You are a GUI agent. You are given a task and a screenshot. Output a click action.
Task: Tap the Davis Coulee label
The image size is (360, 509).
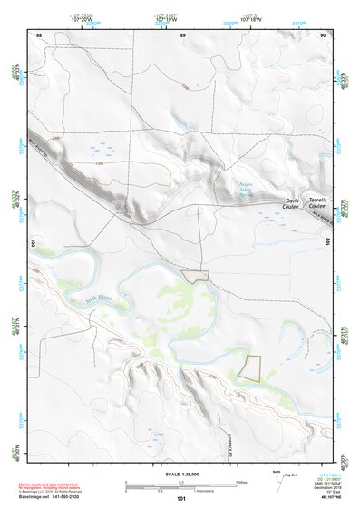tap(290, 203)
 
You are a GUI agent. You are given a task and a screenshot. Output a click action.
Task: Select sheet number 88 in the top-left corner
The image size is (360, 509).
tap(38, 34)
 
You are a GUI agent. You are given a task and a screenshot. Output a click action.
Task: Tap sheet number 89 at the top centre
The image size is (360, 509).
tap(183, 34)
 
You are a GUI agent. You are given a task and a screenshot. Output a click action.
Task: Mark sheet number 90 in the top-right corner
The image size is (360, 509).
tap(324, 34)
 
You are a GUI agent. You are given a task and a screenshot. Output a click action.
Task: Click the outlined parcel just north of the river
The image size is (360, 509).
tap(195, 274)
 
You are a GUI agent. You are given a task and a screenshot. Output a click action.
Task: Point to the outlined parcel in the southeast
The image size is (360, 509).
tap(250, 367)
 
